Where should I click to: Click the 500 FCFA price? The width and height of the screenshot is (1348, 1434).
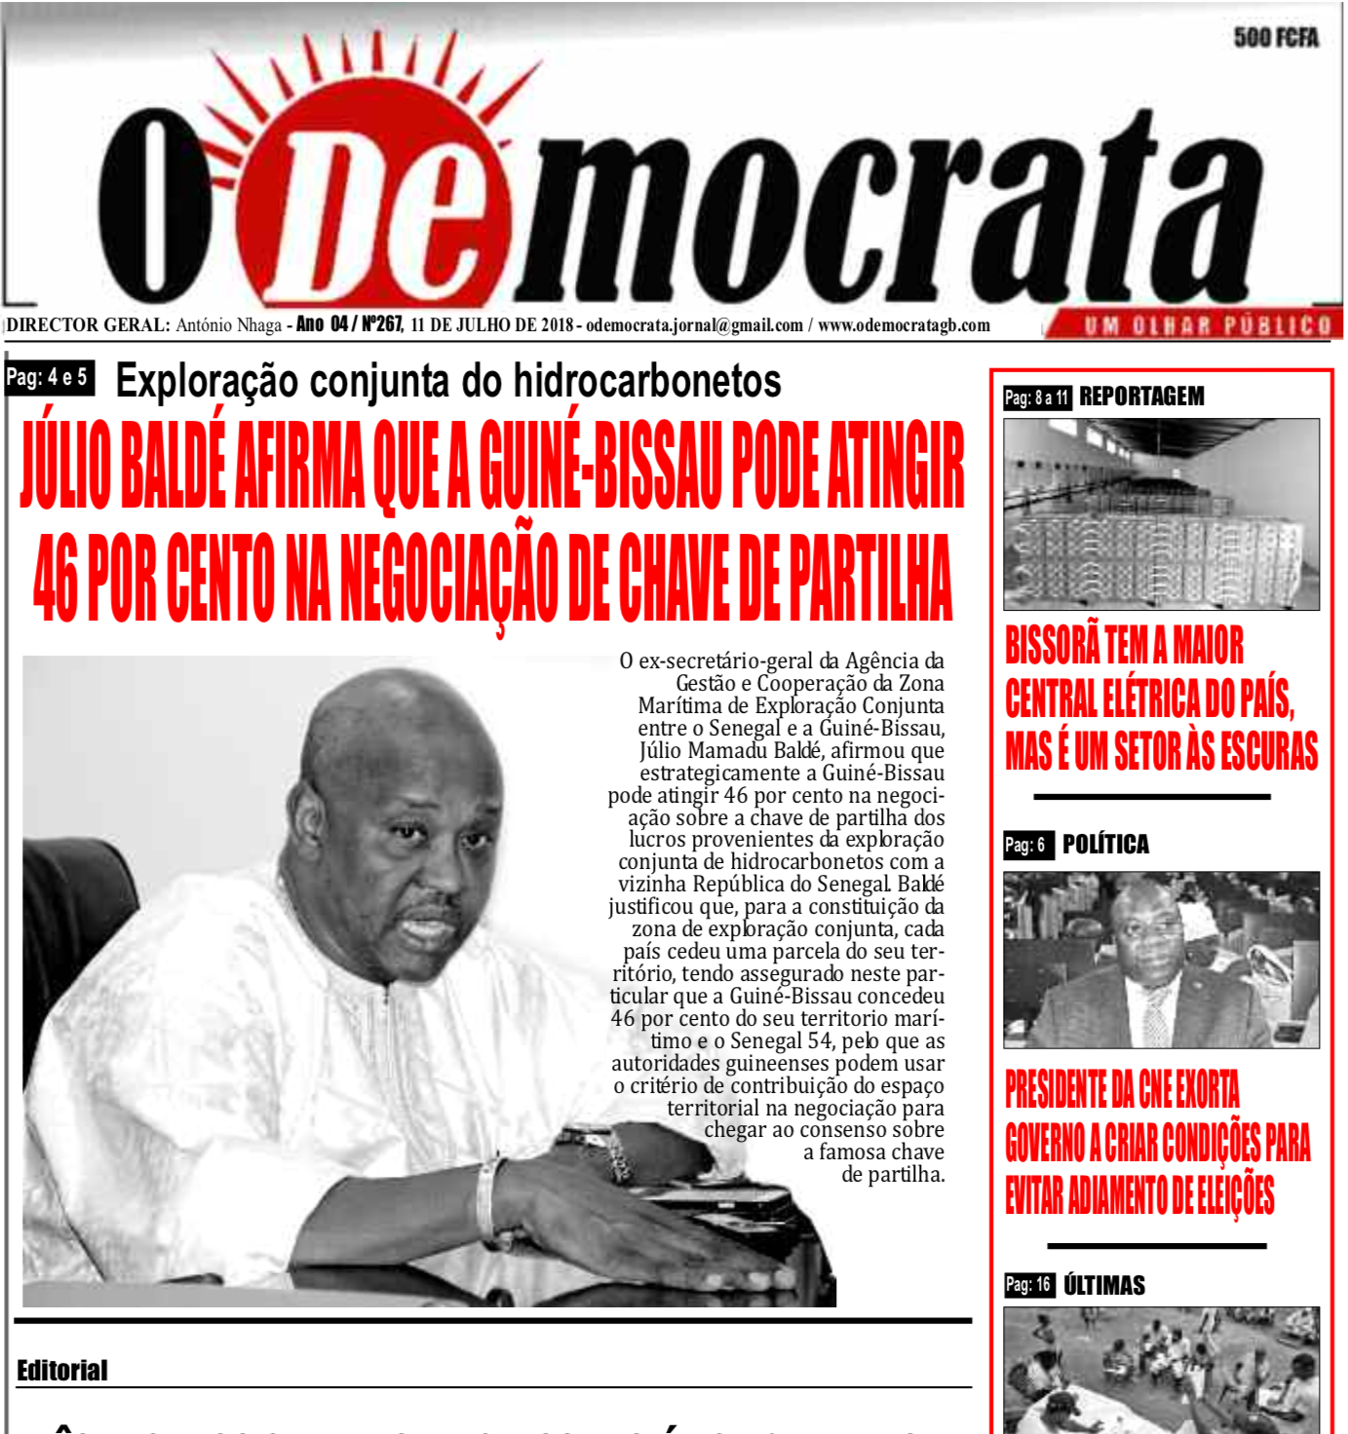tap(1275, 38)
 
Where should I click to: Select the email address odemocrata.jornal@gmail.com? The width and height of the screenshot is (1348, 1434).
tap(694, 325)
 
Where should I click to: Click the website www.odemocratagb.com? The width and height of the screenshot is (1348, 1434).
tap(904, 325)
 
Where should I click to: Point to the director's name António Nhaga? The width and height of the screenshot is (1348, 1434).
tap(228, 325)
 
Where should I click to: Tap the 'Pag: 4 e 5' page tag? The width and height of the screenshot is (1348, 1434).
tap(48, 377)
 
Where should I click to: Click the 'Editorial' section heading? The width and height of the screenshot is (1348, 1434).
tap(61, 1371)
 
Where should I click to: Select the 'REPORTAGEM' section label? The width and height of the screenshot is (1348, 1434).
tap(1141, 396)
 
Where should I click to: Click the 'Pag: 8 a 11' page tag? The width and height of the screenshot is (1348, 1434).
tap(1036, 397)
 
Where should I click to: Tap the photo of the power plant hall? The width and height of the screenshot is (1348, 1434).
tap(1161, 514)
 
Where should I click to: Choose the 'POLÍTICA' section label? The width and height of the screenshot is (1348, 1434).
tap(1105, 845)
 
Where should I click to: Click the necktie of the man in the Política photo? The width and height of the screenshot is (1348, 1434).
tap(1156, 1013)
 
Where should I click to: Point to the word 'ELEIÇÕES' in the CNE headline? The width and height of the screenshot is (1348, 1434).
tap(1223, 1196)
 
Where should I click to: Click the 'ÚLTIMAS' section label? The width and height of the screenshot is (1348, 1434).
tap(1104, 1285)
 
